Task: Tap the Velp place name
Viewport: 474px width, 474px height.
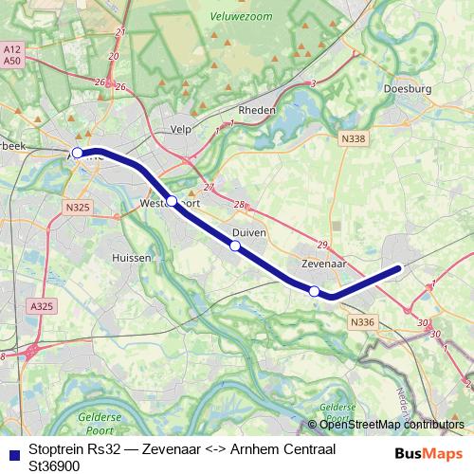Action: (181, 129)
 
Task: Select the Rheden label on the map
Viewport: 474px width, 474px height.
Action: (257, 110)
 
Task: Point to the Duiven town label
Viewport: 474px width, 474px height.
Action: (249, 231)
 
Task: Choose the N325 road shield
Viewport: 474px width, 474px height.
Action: (78, 207)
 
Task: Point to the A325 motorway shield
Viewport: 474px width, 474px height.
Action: (42, 307)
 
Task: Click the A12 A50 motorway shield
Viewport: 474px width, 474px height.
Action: (12, 54)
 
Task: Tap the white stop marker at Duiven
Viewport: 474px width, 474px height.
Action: (235, 246)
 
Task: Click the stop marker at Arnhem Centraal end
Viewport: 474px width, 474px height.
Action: (77, 152)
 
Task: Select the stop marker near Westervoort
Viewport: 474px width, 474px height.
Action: (172, 200)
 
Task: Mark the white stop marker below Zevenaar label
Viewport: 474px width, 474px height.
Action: (314, 290)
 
